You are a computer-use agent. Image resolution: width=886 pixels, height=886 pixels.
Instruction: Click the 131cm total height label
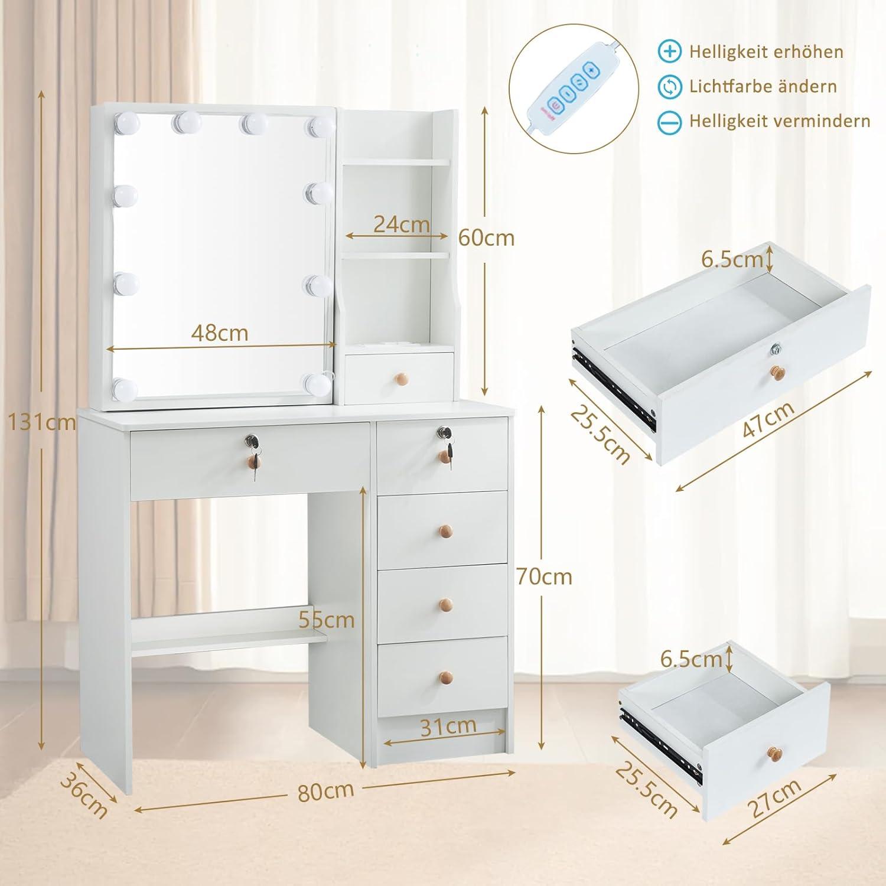[x=41, y=422]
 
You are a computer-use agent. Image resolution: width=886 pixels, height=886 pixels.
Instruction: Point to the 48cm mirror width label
[x=220, y=333]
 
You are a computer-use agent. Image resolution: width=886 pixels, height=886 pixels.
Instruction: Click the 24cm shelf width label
[x=402, y=224]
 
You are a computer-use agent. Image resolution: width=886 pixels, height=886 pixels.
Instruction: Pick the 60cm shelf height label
[x=487, y=237]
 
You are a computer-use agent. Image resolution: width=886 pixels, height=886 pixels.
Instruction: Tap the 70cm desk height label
[x=544, y=576]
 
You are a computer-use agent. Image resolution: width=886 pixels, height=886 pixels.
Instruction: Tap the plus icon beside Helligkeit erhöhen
[x=670, y=51]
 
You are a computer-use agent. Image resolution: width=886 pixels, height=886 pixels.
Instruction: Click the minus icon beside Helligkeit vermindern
[x=670, y=122]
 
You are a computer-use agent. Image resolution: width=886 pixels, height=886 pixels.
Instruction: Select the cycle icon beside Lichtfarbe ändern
[x=670, y=87]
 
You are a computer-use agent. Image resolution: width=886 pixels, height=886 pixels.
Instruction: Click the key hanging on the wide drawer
[x=255, y=467]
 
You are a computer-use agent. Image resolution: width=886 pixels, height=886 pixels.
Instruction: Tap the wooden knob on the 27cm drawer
[x=774, y=755]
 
